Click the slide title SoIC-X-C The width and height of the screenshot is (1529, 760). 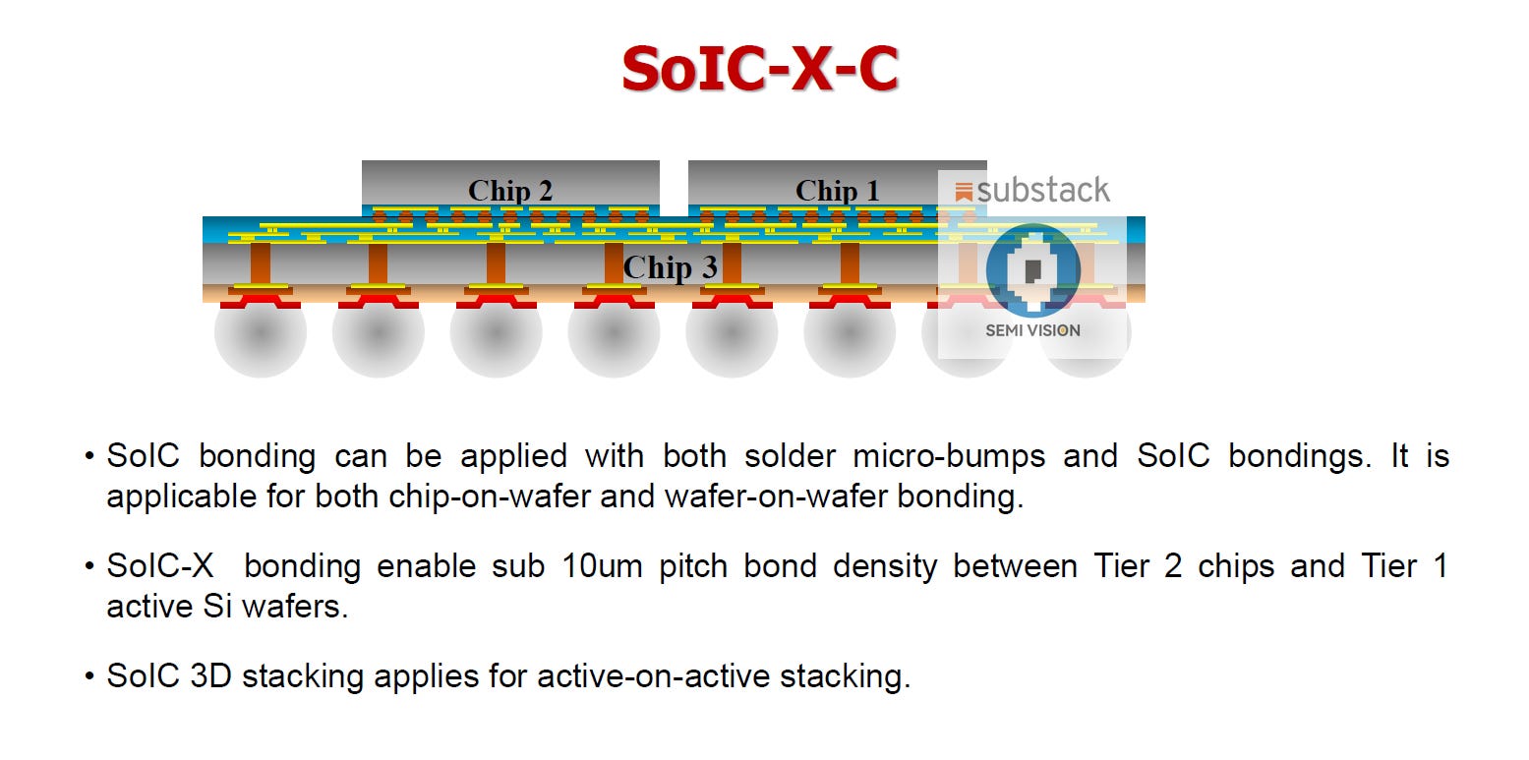760,69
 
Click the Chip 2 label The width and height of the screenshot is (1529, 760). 509,191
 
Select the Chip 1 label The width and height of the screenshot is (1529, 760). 837,191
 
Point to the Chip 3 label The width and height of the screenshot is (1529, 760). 670,267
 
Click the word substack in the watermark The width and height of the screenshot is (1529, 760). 1043,191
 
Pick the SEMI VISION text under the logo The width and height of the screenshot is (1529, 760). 1032,330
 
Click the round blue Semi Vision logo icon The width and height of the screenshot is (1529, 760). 1032,269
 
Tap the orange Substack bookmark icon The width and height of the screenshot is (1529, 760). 964,192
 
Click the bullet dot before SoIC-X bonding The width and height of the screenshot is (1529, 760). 89,567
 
